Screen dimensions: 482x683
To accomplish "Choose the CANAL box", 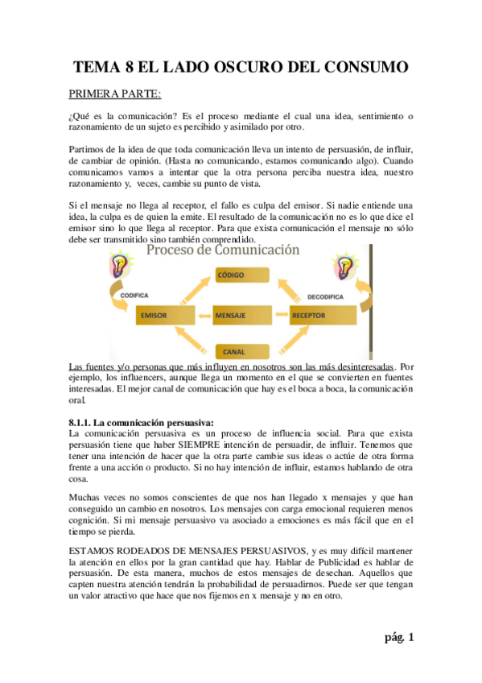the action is (x=235, y=351).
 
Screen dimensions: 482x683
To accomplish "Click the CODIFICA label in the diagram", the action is (x=134, y=295).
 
